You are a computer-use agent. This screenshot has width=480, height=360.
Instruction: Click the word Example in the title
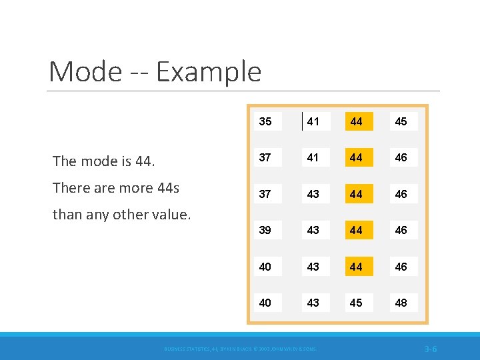tap(209, 72)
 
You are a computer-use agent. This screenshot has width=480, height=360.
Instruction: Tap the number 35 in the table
tap(265, 121)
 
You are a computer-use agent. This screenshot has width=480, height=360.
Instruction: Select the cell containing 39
tap(265, 230)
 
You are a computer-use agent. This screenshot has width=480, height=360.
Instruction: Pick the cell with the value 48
tap(401, 303)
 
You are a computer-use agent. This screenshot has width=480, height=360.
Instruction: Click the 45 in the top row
tap(401, 121)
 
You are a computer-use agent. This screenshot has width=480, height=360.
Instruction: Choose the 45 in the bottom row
tap(357, 303)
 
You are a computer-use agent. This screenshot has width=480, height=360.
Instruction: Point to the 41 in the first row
tap(313, 121)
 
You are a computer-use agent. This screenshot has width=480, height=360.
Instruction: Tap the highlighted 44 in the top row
tap(357, 121)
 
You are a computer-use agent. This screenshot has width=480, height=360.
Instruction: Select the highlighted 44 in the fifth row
tap(357, 267)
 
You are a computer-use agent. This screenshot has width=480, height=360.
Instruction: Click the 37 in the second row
tap(265, 157)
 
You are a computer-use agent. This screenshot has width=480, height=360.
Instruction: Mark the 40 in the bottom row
tap(265, 303)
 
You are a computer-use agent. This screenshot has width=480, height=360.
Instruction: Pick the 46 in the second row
tap(401, 157)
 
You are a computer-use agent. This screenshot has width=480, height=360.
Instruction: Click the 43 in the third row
tap(313, 194)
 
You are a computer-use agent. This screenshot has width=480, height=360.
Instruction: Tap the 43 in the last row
tap(313, 303)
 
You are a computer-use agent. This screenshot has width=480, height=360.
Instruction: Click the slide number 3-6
tap(430, 349)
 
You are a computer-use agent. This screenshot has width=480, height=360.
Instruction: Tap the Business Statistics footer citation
tap(241, 349)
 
